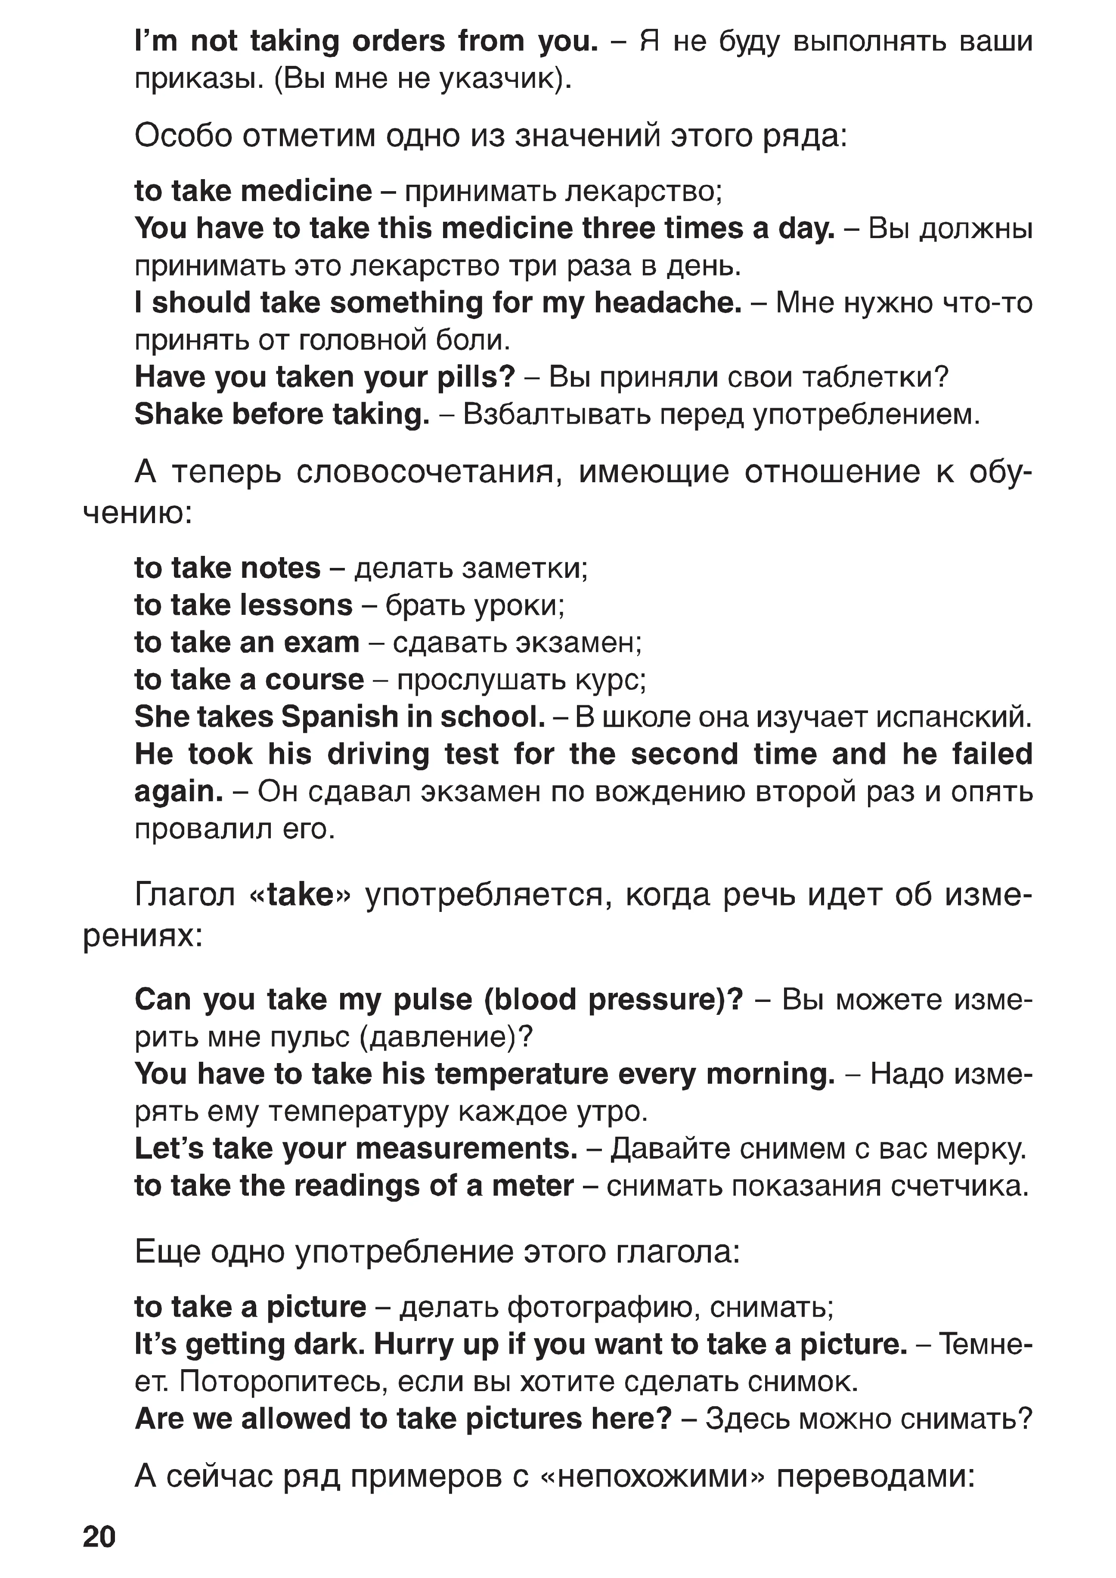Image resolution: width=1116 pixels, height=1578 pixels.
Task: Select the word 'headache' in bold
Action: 666,303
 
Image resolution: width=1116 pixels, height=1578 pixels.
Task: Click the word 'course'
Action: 315,680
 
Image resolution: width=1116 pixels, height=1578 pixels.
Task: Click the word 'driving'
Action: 378,755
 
